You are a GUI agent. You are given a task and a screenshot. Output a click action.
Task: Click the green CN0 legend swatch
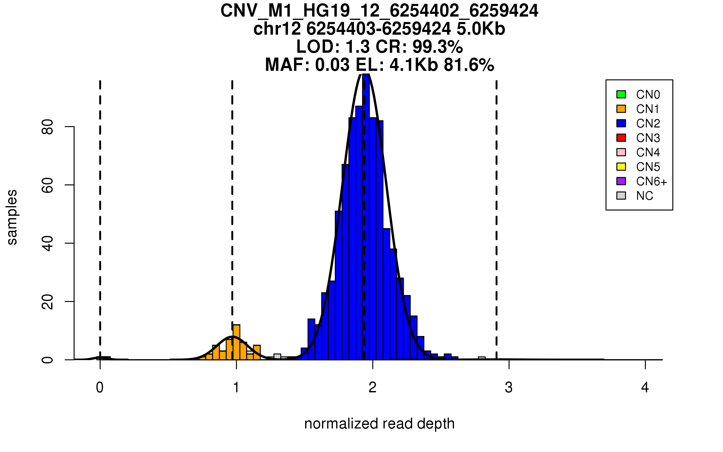click(621, 94)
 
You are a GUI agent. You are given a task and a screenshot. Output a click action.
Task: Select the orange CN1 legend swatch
click(621, 109)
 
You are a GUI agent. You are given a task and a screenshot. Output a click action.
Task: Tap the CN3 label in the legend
click(648, 138)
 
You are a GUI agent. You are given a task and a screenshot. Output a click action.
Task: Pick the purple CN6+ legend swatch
click(621, 181)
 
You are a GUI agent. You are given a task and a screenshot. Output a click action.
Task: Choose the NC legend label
click(645, 196)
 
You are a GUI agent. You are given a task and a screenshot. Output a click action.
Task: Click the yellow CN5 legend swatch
click(621, 167)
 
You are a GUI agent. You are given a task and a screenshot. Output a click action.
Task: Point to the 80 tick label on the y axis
click(48, 127)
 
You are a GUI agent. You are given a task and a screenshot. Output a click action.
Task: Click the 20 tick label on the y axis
click(48, 302)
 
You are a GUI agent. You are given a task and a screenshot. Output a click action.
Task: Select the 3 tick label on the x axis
click(509, 388)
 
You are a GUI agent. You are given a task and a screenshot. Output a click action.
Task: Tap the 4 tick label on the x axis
click(645, 388)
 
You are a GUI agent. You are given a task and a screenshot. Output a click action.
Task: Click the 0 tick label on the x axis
click(100, 388)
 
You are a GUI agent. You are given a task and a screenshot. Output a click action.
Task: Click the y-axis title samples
click(12, 217)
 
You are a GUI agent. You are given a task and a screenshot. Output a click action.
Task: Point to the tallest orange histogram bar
click(236, 342)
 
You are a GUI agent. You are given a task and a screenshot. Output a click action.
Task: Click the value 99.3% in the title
click(437, 47)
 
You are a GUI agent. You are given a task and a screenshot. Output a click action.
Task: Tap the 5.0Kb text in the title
click(481, 29)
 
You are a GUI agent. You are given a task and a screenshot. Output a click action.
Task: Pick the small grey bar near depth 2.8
click(482, 358)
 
